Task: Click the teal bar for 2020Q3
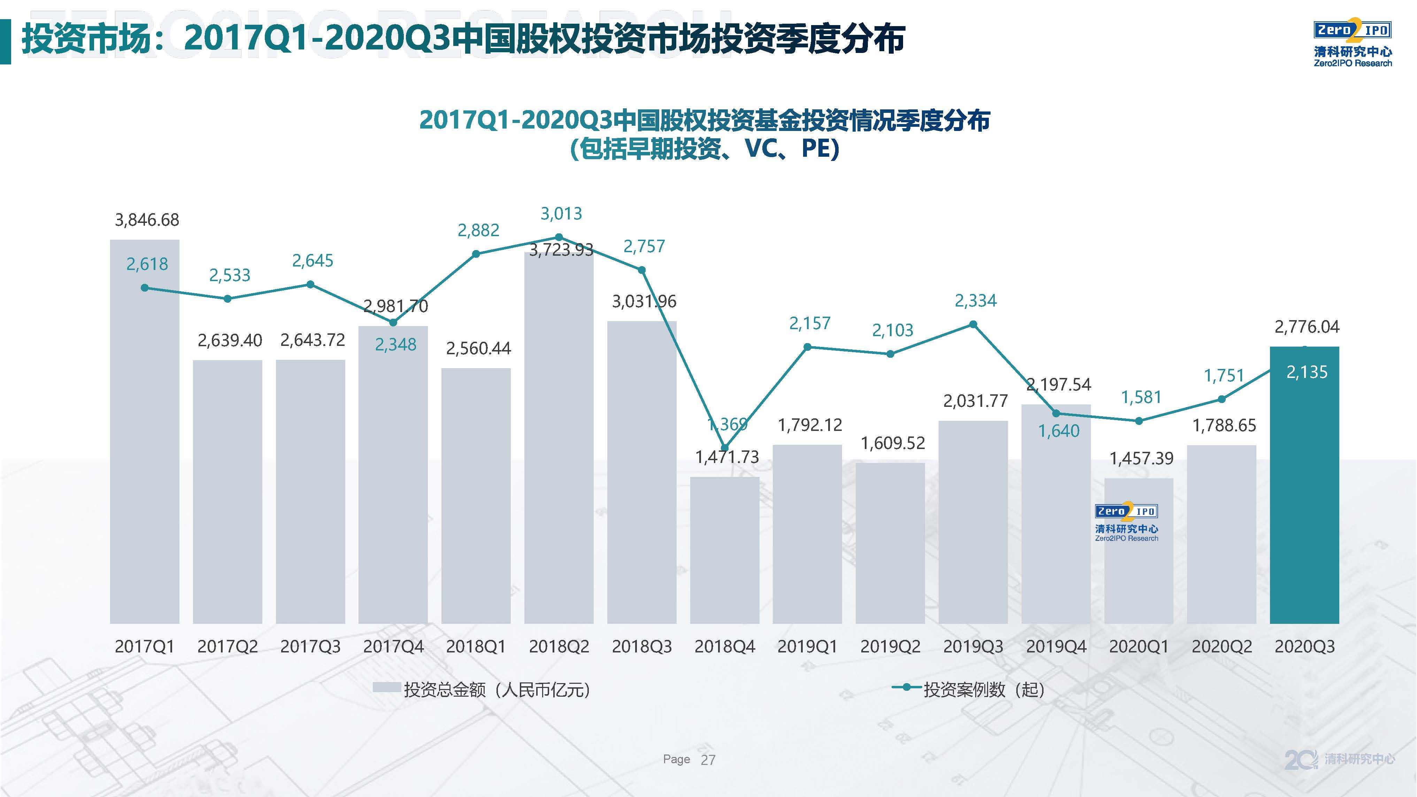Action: [x=1304, y=495]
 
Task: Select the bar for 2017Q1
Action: [x=145, y=440]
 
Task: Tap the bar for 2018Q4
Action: [x=724, y=550]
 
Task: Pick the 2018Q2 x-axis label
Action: [x=559, y=646]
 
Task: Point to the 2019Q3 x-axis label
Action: [x=973, y=646]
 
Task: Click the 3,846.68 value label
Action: [x=147, y=220]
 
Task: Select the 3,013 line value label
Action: [x=561, y=214]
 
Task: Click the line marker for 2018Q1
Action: [x=476, y=254]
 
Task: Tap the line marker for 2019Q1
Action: [x=808, y=347]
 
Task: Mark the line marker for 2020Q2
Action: [x=1222, y=399]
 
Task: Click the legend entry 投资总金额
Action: [x=481, y=689]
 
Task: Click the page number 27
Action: [x=708, y=760]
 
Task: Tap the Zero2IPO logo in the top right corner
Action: [x=1353, y=44]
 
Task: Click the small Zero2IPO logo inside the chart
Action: [x=1126, y=521]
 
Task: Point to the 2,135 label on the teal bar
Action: [x=1307, y=372]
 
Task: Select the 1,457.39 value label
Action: [x=1141, y=458]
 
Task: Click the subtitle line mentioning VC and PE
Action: [x=704, y=148]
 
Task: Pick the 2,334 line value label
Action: [x=975, y=301]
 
